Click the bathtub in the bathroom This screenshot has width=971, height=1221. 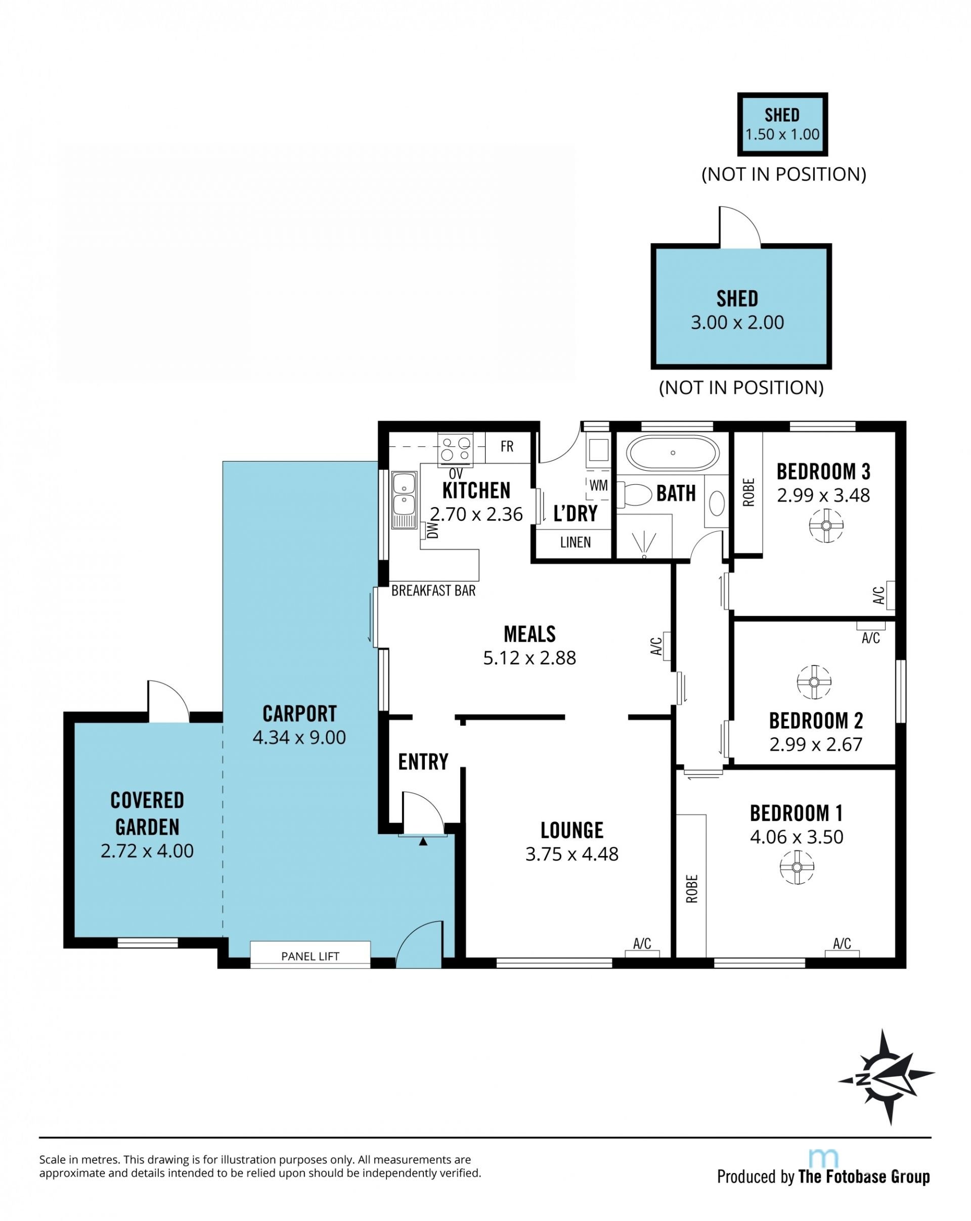pyautogui.click(x=673, y=453)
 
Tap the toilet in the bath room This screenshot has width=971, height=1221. pyautogui.click(x=633, y=494)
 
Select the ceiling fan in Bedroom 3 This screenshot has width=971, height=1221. pyautogui.click(x=826, y=525)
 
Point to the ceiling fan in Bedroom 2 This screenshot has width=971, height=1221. pyautogui.click(x=814, y=682)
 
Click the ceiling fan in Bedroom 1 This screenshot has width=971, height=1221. pyautogui.click(x=797, y=867)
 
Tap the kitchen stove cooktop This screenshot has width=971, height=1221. pyautogui.click(x=456, y=448)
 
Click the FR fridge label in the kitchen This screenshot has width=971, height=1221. pyautogui.click(x=507, y=447)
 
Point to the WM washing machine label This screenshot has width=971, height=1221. pyautogui.click(x=598, y=485)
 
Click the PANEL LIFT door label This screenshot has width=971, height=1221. pyautogui.click(x=310, y=957)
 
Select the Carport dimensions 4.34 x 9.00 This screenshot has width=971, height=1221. pyautogui.click(x=299, y=737)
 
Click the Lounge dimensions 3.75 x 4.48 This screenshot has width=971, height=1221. pyautogui.click(x=571, y=853)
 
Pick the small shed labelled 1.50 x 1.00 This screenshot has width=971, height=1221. pyautogui.click(x=782, y=124)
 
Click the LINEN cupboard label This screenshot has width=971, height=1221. pyautogui.click(x=576, y=542)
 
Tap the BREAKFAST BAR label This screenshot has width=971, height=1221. pyautogui.click(x=433, y=591)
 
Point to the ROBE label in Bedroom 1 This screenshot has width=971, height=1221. pyautogui.click(x=692, y=888)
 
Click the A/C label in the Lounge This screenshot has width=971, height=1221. pyautogui.click(x=642, y=943)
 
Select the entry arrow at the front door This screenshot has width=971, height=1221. pyautogui.click(x=423, y=842)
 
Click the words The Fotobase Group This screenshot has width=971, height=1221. pyautogui.click(x=864, y=1177)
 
